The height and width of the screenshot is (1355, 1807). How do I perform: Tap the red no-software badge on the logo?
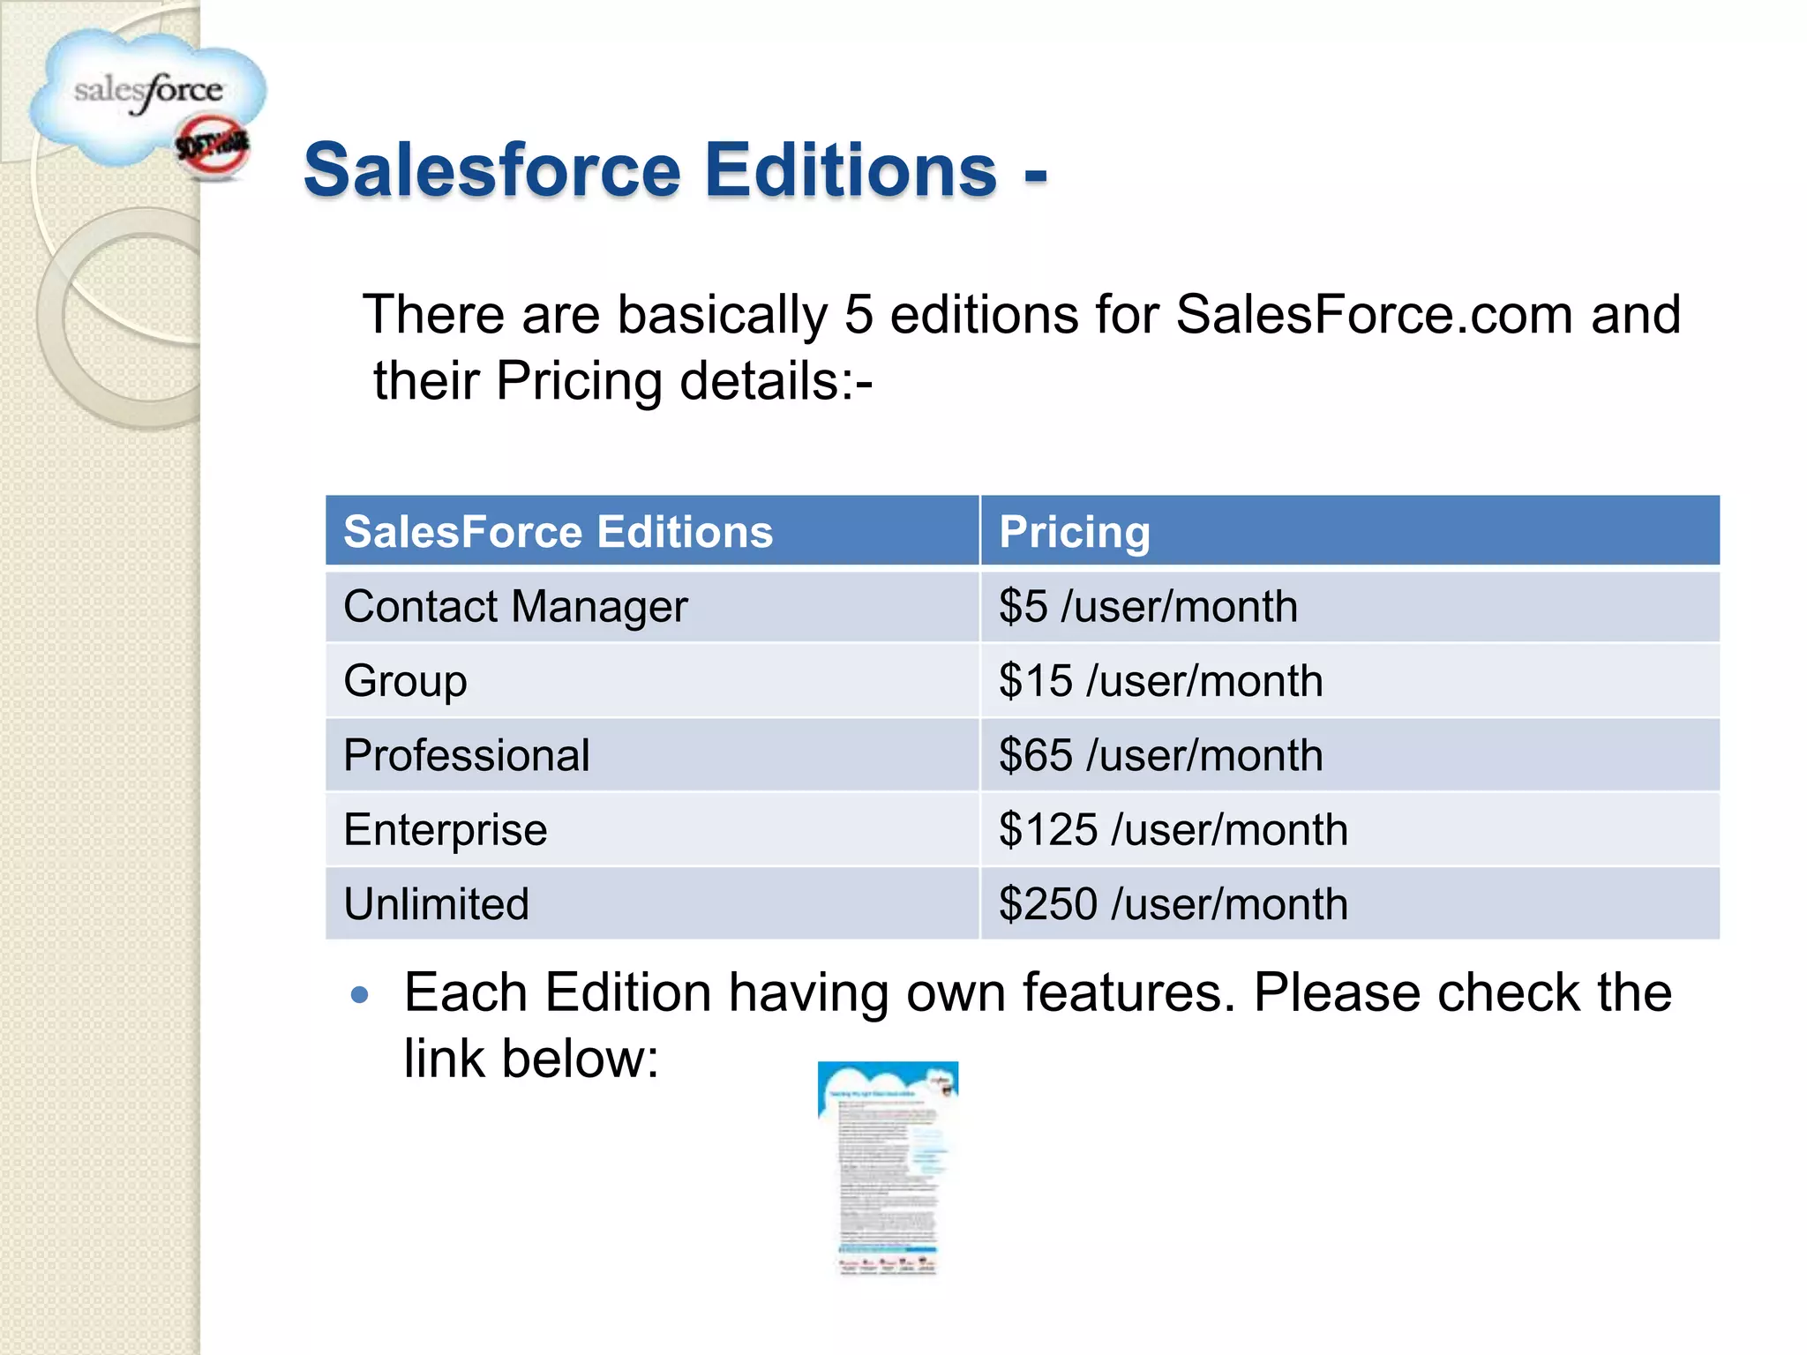[x=213, y=147]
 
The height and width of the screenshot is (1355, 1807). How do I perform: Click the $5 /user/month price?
[x=1147, y=607]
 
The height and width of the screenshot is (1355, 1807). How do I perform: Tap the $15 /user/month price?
[x=1160, y=681]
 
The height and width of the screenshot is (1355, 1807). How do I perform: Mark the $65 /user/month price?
[x=1160, y=755]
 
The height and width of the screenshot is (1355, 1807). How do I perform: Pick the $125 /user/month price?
[x=1173, y=830]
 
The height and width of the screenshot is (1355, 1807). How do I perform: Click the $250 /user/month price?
[x=1173, y=904]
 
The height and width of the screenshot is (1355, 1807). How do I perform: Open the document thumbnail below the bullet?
[x=888, y=1168]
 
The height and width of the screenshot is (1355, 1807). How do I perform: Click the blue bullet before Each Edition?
[x=359, y=996]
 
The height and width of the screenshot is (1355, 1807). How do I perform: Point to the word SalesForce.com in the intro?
[x=1375, y=314]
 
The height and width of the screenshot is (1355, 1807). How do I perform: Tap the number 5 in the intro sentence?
[x=859, y=314]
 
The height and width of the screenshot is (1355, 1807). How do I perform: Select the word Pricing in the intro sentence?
[x=579, y=381]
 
